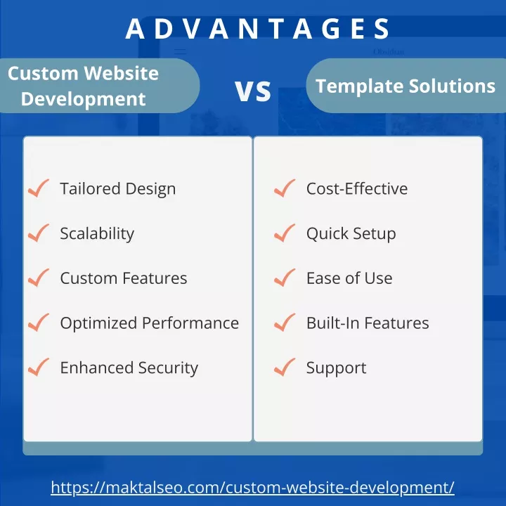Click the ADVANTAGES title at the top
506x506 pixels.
coord(257,28)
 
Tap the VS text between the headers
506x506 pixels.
coord(253,91)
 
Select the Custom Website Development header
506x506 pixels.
coord(83,86)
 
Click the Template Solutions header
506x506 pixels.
coord(406,86)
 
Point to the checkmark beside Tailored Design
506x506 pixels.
coord(39,188)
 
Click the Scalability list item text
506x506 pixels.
coord(97,233)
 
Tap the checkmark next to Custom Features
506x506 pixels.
coord(39,278)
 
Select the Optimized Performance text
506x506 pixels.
coord(150,323)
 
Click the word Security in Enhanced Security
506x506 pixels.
coord(168,368)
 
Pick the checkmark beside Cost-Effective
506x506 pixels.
coord(285,188)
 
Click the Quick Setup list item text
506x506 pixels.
coord(351,233)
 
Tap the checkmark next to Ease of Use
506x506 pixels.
coord(285,278)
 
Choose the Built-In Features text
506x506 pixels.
coord(368,323)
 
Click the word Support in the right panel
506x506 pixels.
coord(336,368)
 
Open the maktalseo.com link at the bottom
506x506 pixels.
coord(253,487)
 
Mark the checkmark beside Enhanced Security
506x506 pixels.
coord(39,368)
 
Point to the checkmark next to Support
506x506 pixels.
coord(285,368)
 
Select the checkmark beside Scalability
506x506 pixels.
coord(39,233)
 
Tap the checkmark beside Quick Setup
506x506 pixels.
coord(285,233)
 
